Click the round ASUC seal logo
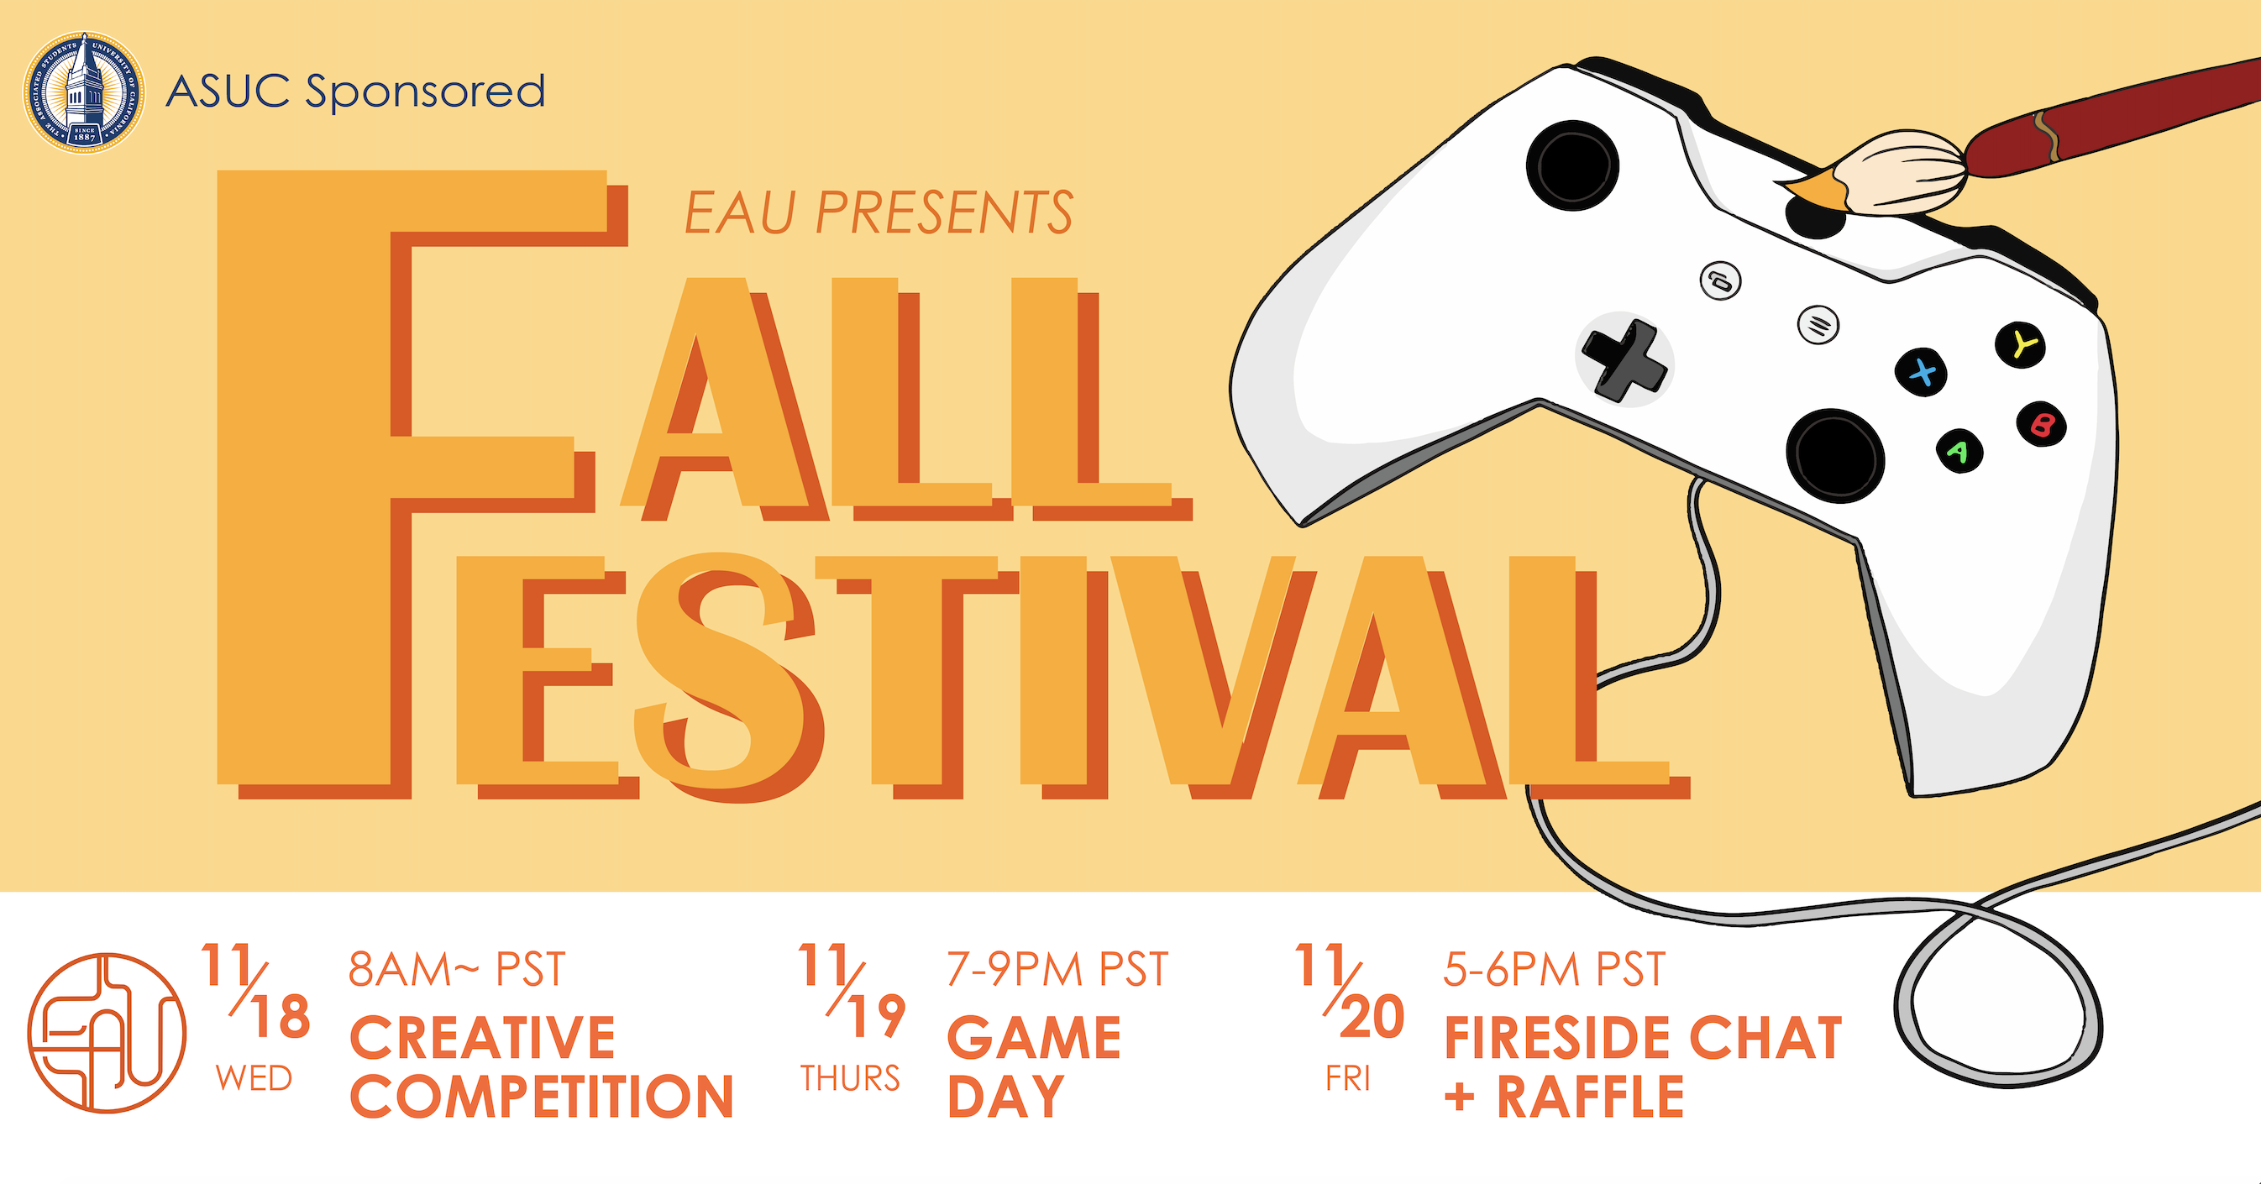(84, 92)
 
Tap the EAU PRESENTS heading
(879, 213)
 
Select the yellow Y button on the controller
(2022, 345)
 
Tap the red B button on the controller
(2042, 425)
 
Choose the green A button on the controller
(1959, 451)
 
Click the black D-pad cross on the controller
(1624, 361)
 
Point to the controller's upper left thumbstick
(1573, 165)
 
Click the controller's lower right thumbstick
(1835, 455)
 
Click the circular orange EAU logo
(106, 1033)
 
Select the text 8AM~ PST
(456, 970)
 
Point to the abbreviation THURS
(850, 1078)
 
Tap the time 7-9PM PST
(1057, 970)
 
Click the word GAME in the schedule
(1034, 1037)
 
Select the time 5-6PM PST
(1555, 970)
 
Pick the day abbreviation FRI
(1348, 1078)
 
